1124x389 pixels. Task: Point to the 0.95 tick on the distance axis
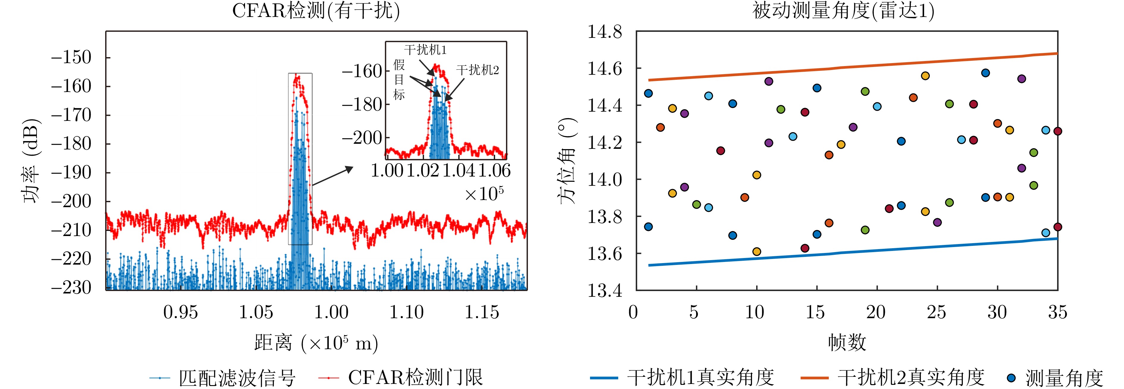point(181,312)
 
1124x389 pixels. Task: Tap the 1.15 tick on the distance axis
point(482,312)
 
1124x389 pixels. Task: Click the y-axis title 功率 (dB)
point(32,161)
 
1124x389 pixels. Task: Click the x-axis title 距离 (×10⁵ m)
point(316,343)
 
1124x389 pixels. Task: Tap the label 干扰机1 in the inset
point(426,50)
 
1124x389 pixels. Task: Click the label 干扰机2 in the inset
point(477,70)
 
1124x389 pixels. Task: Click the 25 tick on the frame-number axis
point(936,312)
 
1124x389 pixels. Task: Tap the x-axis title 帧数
point(847,343)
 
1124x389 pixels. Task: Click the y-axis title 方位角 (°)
point(567,161)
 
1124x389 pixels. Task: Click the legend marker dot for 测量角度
point(1011,378)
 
